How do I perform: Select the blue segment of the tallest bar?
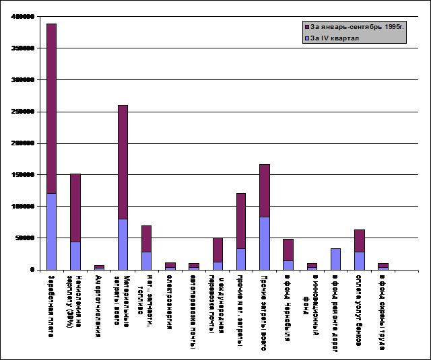tap(52, 231)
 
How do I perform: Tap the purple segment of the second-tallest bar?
tap(123, 162)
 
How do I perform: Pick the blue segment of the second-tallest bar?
tap(123, 244)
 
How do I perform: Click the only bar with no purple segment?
tap(335, 259)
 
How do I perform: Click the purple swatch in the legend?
tap(307, 27)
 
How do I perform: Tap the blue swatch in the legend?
tap(307, 38)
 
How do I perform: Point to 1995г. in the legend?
tap(395, 27)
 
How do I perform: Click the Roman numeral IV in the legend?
tap(326, 38)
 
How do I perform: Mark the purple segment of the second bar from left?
tap(75, 208)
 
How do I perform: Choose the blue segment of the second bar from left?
tap(75, 256)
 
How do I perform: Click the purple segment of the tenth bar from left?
tap(265, 191)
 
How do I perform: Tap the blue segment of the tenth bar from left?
tap(265, 244)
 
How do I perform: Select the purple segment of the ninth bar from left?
tap(241, 221)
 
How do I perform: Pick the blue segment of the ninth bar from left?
tap(241, 259)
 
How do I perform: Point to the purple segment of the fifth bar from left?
tap(146, 239)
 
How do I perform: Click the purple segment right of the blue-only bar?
tap(360, 241)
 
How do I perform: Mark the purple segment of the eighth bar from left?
tap(218, 250)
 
